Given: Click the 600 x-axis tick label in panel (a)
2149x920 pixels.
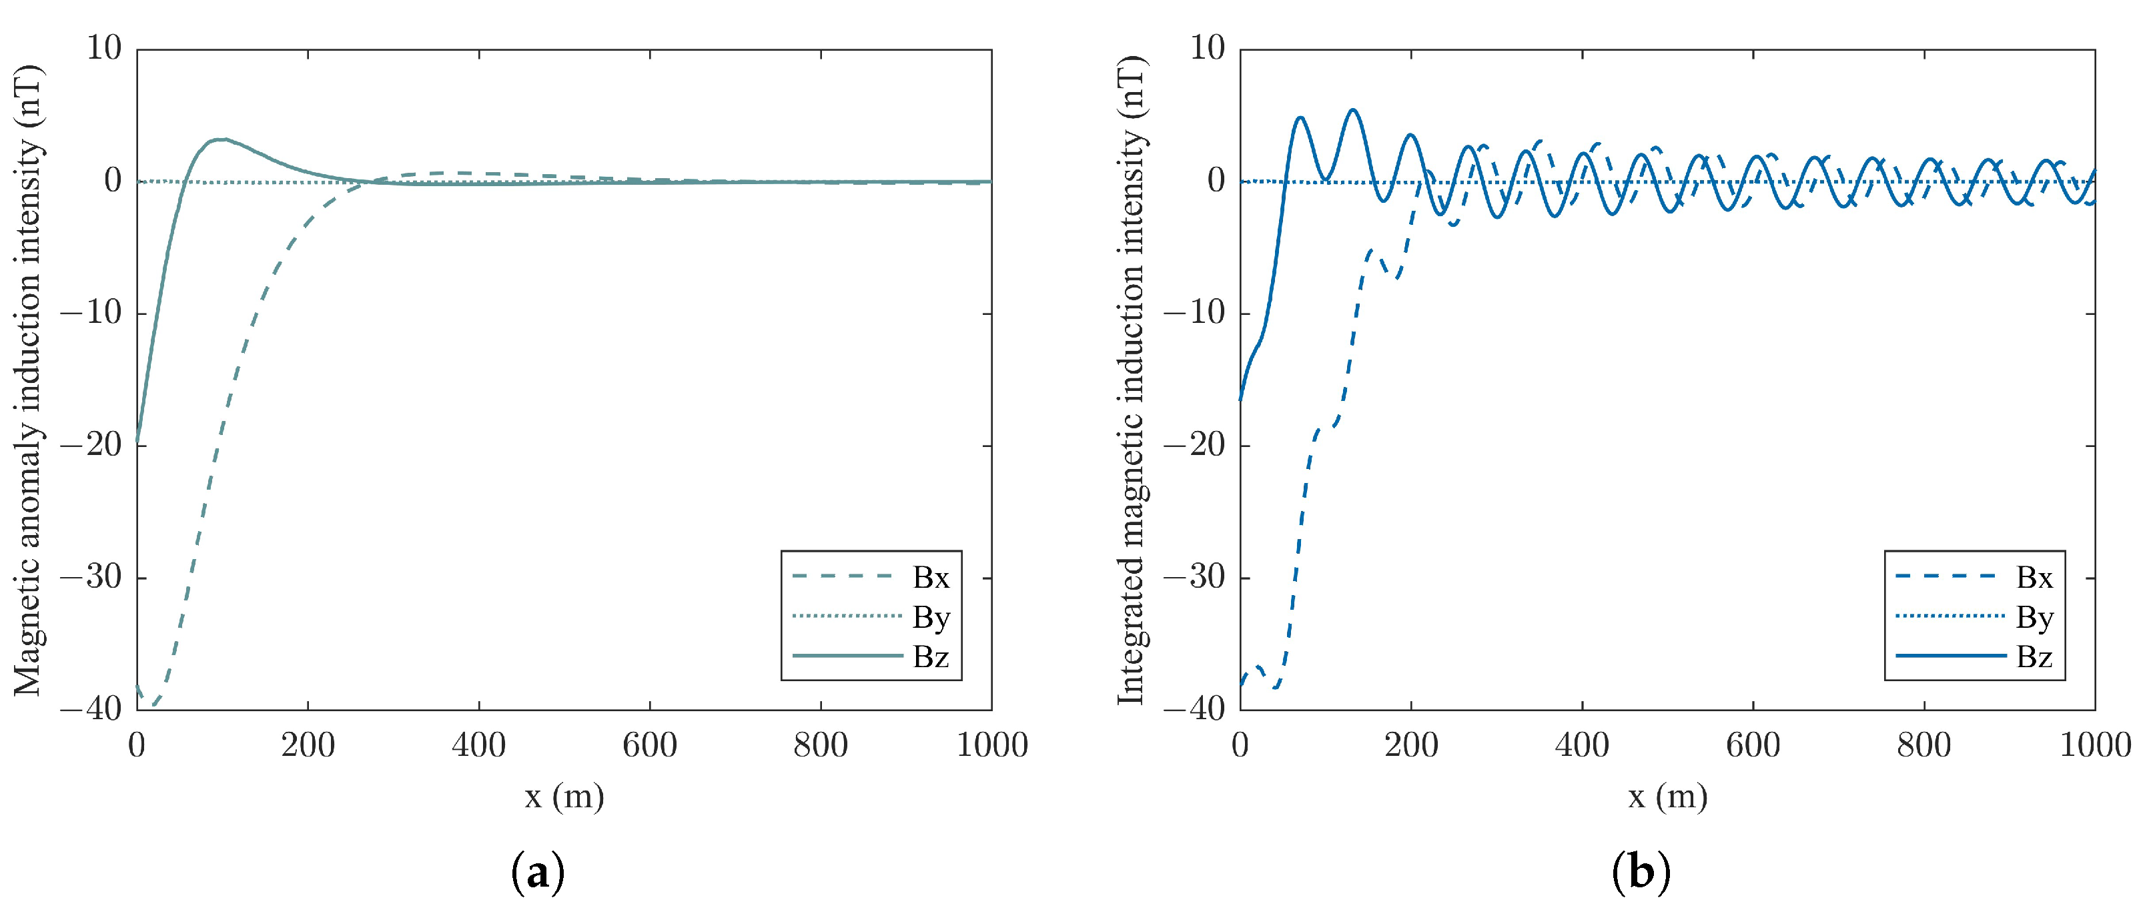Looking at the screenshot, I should click(x=649, y=745).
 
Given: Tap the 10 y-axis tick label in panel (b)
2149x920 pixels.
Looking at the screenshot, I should click(x=1207, y=49).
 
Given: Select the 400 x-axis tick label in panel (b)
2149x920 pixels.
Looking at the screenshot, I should click(x=1582, y=745).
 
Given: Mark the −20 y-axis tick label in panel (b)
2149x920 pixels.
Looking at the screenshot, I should click(x=1195, y=446).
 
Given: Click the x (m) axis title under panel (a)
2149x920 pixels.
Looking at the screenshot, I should click(x=564, y=797).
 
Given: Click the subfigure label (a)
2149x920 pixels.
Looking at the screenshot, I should click(x=537, y=873).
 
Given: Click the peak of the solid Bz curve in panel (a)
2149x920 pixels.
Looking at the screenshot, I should click(x=220, y=139).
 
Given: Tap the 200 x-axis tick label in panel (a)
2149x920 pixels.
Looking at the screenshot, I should click(x=307, y=745).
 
